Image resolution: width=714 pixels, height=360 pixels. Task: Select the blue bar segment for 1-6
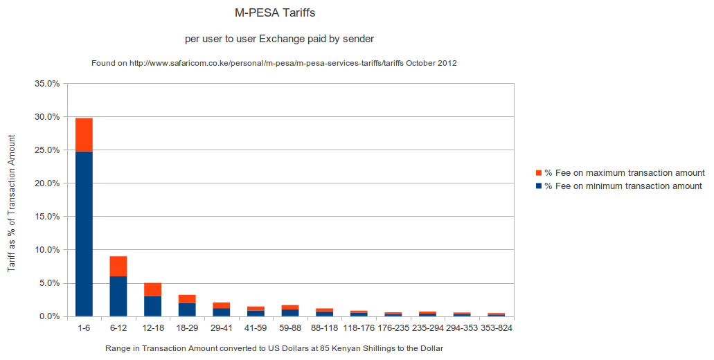[x=84, y=233]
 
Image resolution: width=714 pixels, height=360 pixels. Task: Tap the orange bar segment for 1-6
[x=84, y=134]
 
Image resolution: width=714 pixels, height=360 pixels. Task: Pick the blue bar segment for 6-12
[x=118, y=296]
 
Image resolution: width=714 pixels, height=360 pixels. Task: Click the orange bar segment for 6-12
[x=118, y=267]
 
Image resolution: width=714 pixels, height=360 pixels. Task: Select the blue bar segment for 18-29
[x=187, y=309]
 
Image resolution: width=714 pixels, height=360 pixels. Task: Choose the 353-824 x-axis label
[x=496, y=327]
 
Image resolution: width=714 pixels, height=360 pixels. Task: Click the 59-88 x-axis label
[x=290, y=327]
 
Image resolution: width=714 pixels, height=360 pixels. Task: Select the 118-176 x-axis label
[x=359, y=327]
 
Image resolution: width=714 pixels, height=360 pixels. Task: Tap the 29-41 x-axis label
[x=222, y=327]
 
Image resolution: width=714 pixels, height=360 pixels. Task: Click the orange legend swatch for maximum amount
[x=539, y=172]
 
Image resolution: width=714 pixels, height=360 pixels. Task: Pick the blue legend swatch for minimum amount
[x=539, y=186]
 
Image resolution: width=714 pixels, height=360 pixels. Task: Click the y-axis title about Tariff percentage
[x=12, y=200]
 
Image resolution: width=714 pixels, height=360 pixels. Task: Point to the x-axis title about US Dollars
[x=274, y=348]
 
